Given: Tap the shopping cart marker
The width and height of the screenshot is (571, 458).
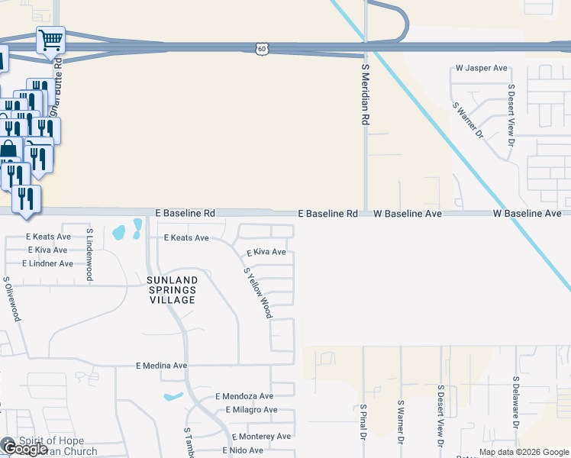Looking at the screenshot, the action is coord(50,39).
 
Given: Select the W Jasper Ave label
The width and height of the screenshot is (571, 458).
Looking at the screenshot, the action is coord(481,68).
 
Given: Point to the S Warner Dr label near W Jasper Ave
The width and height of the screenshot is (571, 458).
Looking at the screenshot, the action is coord(469,121).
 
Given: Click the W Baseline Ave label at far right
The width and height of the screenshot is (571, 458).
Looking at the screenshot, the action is coord(527,214).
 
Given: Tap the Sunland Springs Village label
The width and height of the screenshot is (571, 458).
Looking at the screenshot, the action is coord(172,290).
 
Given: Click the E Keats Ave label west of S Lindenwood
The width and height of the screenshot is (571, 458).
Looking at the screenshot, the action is coord(47,237).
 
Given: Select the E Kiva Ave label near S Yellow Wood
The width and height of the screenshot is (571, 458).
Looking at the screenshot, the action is coord(266,252).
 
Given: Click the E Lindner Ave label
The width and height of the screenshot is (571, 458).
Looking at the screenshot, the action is coord(47,263).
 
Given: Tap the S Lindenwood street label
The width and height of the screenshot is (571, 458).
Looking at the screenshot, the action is coord(89,253).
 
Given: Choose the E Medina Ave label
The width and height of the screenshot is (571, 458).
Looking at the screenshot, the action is coord(161,366).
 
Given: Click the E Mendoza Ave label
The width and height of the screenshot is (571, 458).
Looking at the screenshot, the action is coord(244,396).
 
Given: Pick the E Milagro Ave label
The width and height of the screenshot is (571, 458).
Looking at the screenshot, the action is coord(252,410).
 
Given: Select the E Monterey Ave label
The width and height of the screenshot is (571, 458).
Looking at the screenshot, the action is coord(262,437).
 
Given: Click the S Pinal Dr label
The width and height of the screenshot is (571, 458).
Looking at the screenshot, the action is coord(365,422).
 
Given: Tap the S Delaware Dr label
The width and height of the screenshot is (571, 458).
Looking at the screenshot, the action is coord(516,401).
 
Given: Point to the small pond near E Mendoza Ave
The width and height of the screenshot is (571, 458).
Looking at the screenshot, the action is coord(173,396).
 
